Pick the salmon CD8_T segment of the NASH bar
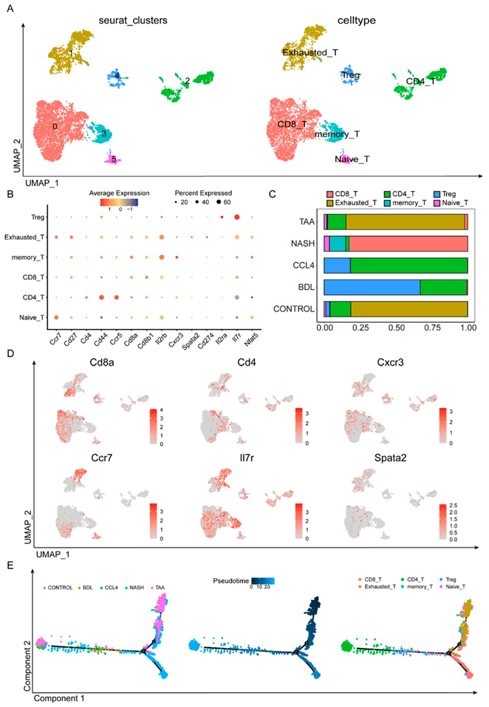pos(408,244)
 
